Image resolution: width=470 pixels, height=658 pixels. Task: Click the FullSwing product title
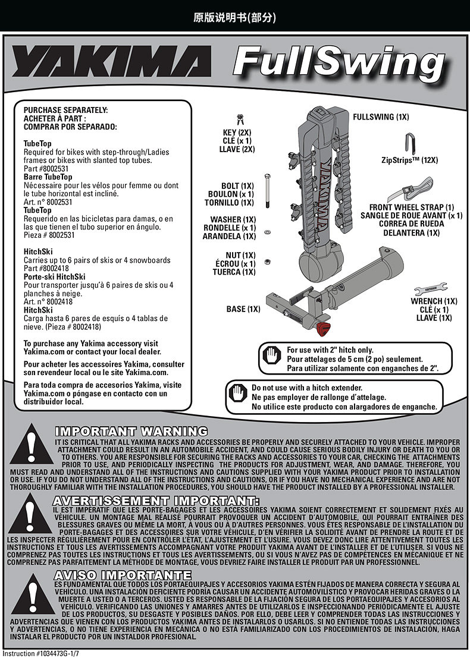click(340, 64)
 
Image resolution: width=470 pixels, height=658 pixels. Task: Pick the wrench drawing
click(434, 291)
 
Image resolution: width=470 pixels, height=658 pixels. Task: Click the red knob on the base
click(323, 328)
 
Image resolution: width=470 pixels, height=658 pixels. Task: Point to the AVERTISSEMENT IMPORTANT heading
click(156, 500)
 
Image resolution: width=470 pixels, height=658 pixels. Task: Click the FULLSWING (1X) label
click(381, 117)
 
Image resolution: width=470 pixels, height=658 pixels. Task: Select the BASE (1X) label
click(243, 309)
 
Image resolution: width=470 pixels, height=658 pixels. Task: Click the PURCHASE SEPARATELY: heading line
click(65, 110)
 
